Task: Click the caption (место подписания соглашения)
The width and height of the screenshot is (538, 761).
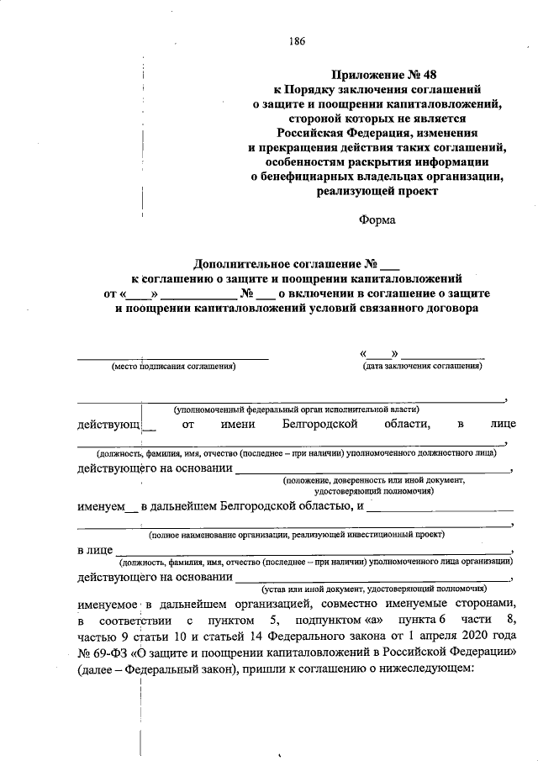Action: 173,366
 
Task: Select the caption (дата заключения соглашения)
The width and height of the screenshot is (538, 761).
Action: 422,366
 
